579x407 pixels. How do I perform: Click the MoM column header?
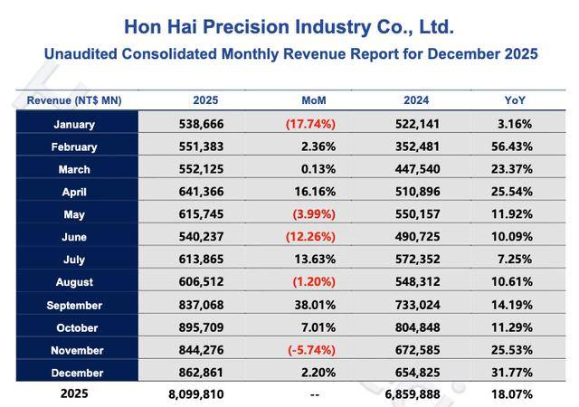coord(314,100)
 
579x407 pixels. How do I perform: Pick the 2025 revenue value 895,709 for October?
coord(205,328)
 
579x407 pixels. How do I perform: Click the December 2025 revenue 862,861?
coord(205,373)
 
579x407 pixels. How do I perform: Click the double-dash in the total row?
coord(313,394)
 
